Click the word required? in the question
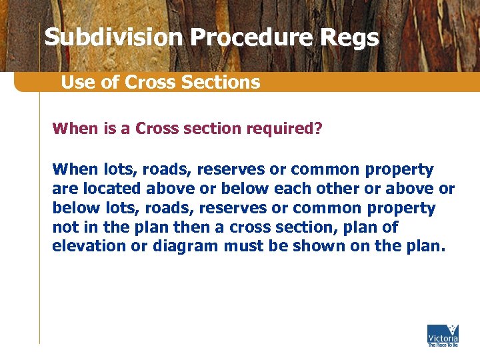click(283, 127)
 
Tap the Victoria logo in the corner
click(443, 335)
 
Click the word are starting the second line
click(63, 189)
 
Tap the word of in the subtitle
click(114, 82)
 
